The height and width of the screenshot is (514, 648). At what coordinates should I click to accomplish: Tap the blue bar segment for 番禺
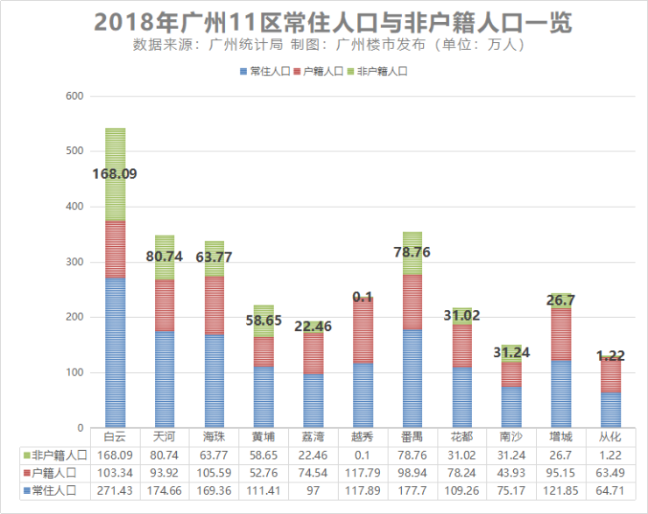point(412,378)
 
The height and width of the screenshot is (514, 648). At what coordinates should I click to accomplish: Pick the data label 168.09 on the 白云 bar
point(115,173)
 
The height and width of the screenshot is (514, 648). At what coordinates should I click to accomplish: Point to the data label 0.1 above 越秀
point(363,297)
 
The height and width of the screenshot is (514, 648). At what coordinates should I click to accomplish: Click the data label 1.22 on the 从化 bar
point(610,355)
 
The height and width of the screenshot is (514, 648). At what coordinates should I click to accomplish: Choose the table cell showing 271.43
point(115,490)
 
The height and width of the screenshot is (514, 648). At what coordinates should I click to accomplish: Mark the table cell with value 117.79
point(363,473)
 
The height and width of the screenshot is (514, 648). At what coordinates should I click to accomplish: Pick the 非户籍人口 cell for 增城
point(561,455)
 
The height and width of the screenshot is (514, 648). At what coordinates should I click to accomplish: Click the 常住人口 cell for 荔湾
point(313,490)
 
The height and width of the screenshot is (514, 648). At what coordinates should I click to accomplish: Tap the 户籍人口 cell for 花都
point(461,473)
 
